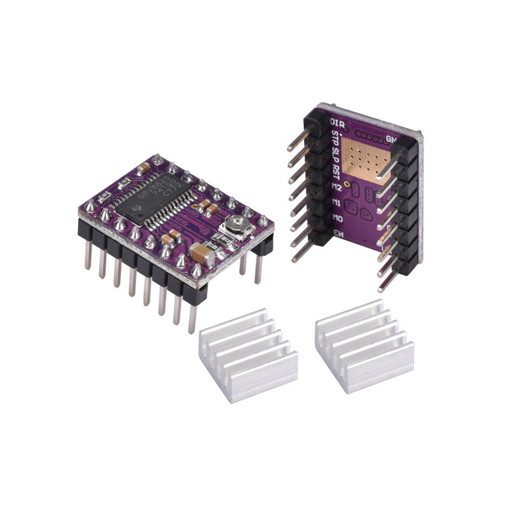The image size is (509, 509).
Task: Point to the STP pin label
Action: pos(336,137)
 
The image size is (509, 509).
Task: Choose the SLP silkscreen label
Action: pos(336,153)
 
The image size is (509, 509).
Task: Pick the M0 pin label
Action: pos(337,218)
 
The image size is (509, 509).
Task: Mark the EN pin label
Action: pos(338,234)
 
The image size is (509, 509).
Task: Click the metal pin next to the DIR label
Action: pos(299,139)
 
